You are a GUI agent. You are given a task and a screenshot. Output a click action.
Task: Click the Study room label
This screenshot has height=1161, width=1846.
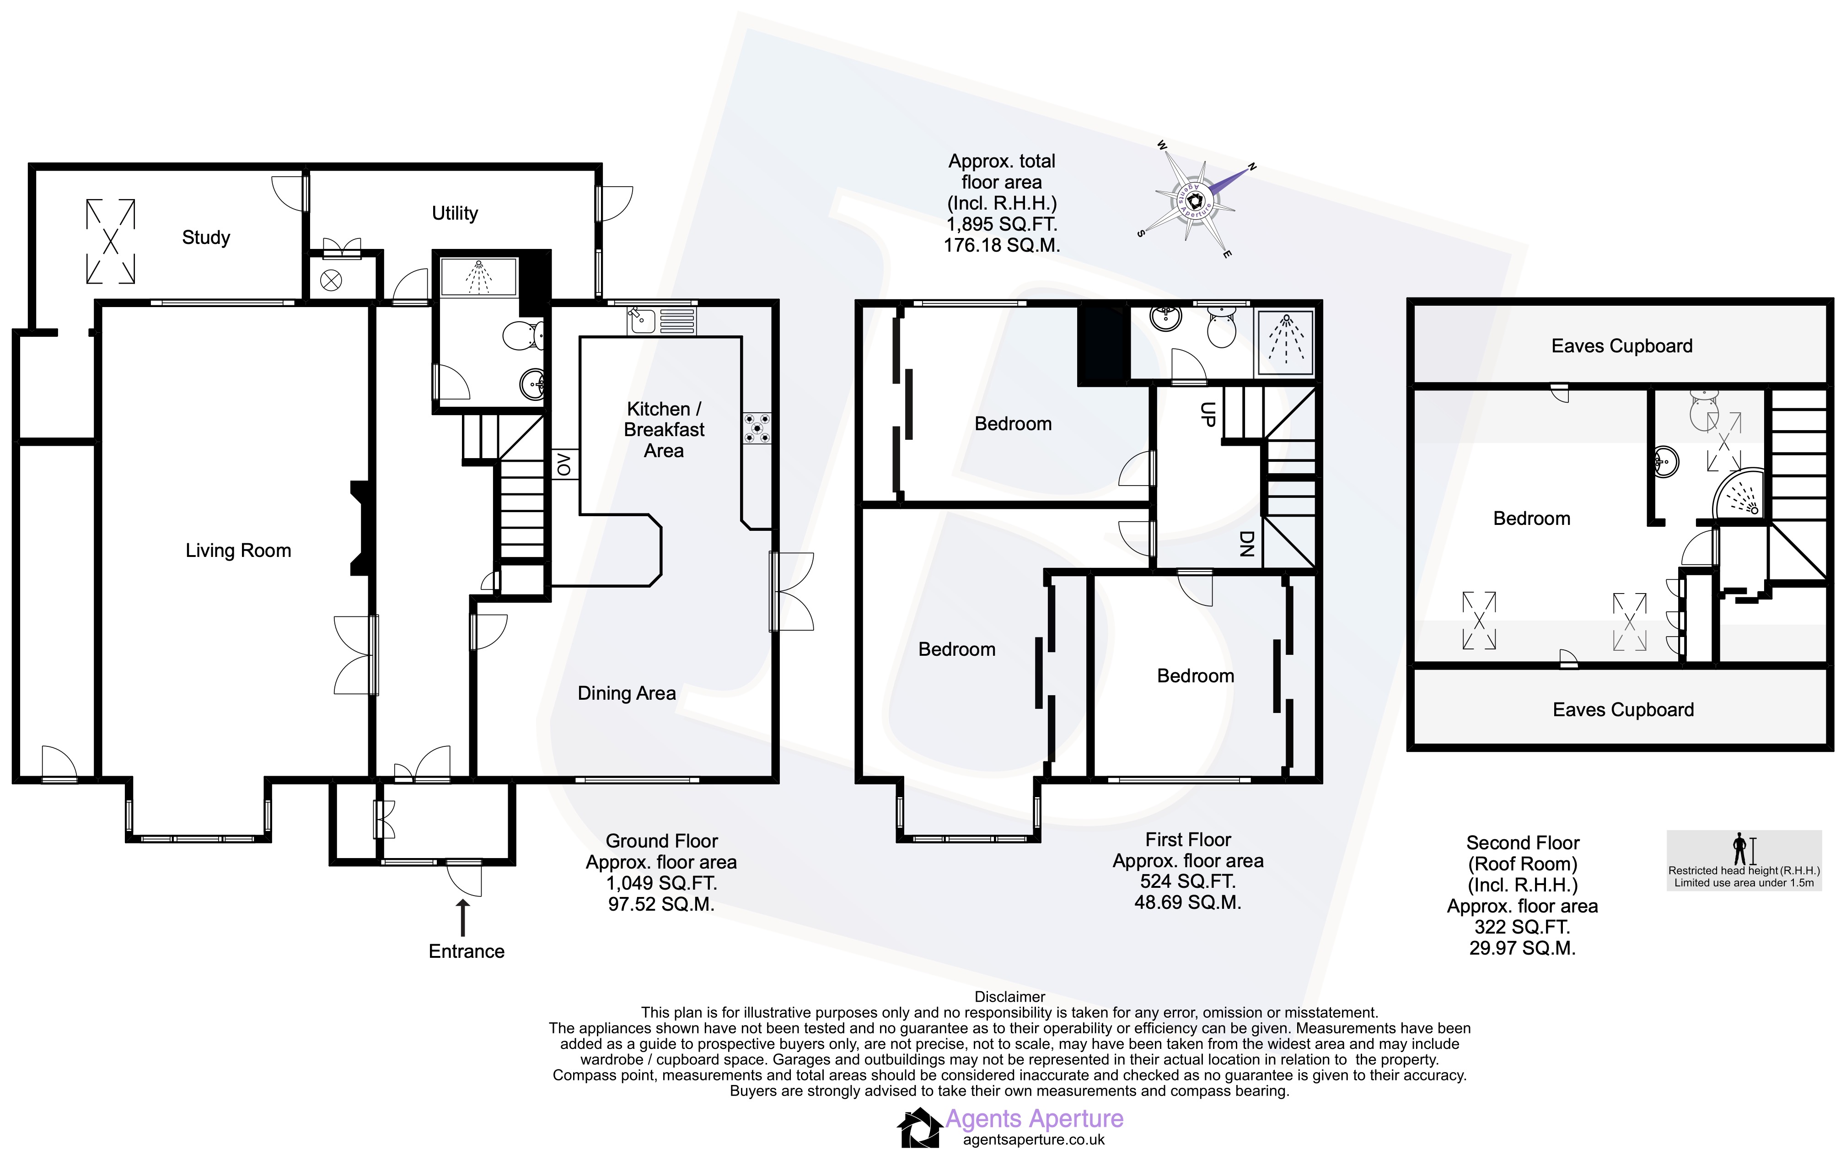tap(205, 238)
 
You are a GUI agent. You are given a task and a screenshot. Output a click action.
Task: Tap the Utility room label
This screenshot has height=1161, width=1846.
tap(455, 213)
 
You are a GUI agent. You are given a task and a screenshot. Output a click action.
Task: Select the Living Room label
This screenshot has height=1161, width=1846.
tap(238, 551)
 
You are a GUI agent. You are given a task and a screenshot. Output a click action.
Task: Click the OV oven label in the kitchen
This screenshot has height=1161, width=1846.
tap(564, 464)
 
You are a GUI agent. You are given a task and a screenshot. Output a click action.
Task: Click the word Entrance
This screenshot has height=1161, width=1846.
tap(466, 952)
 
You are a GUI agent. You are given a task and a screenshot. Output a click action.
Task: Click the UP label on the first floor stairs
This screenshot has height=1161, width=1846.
tap(1207, 414)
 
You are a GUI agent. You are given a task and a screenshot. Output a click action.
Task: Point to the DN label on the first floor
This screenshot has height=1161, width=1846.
tap(1246, 544)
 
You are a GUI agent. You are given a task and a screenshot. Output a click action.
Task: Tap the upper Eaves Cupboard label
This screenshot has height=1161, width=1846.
tap(1621, 346)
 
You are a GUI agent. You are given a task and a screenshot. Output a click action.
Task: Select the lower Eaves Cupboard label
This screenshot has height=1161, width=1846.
tap(1623, 710)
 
